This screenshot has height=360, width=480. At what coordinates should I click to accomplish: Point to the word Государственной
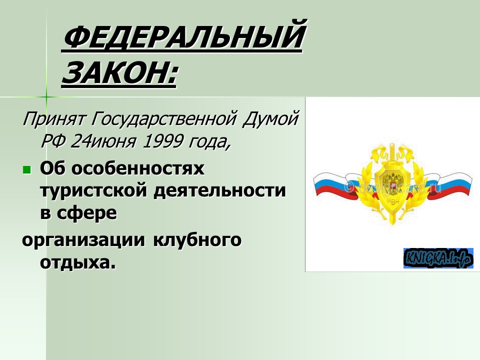click(159, 120)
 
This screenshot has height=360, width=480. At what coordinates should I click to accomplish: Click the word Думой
click(270, 120)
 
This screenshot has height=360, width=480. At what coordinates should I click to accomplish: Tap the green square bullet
click(27, 170)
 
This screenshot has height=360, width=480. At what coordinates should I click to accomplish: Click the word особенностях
click(138, 169)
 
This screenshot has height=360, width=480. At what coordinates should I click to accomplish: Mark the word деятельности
click(219, 191)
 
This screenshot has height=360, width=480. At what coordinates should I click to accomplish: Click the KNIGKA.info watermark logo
click(438, 258)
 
